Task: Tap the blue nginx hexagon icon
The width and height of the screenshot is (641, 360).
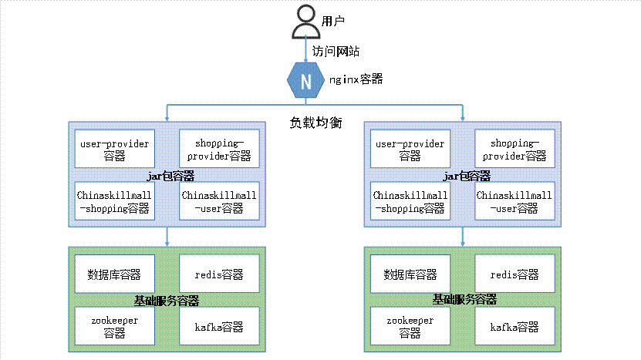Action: (x=306, y=80)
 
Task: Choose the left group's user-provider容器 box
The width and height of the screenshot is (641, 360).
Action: (x=114, y=150)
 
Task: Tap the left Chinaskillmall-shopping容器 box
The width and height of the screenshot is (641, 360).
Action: (x=114, y=201)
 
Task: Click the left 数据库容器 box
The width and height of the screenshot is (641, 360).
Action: (x=114, y=274)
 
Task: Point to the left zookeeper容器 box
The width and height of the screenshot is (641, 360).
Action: (x=114, y=326)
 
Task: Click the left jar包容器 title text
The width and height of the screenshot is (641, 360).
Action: (x=169, y=176)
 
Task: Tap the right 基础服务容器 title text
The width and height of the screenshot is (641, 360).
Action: (x=464, y=299)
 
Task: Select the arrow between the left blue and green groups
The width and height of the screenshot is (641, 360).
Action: (x=167, y=237)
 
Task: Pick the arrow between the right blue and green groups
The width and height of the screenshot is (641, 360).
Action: (x=463, y=237)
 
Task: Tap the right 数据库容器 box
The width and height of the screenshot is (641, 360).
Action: (x=410, y=274)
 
